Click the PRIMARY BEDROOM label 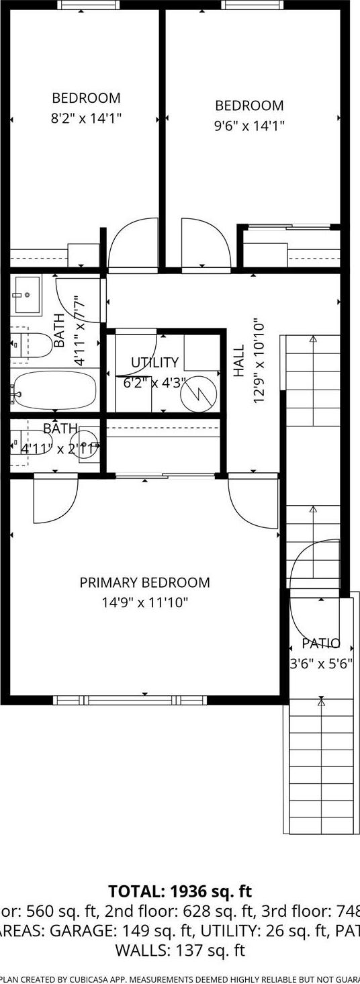click(144, 582)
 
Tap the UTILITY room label click(154, 363)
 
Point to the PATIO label click(320, 643)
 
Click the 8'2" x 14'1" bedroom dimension click(86, 118)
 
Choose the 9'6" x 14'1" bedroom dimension click(249, 126)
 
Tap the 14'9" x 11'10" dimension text click(144, 602)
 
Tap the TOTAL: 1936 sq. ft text click(180, 892)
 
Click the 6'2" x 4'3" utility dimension click(154, 383)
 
